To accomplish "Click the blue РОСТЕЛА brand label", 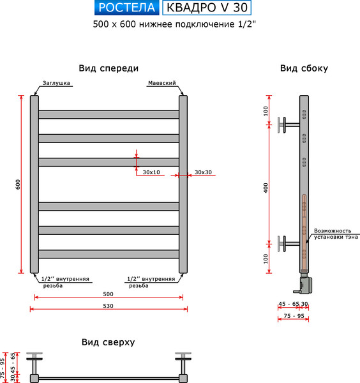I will pyautogui.click(x=127, y=8).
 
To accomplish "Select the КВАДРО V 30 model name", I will pyautogui.click(x=207, y=8).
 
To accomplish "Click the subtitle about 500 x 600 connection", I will pyautogui.click(x=178, y=24).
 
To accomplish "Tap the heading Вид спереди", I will pyautogui.click(x=109, y=68).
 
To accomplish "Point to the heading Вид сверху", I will pyautogui.click(x=108, y=342).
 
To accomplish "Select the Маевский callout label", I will pyautogui.click(x=161, y=84).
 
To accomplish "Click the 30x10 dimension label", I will pyautogui.click(x=152, y=172).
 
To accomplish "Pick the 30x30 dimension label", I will pyautogui.click(x=204, y=172).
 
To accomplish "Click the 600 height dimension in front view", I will pyautogui.click(x=19, y=184).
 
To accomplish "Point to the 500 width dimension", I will pyautogui.click(x=107, y=294).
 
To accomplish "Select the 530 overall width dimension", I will pyautogui.click(x=107, y=306).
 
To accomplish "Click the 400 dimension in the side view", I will pyautogui.click(x=266, y=186).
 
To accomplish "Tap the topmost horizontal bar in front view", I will pyautogui.click(x=109, y=114).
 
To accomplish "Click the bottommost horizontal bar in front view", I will pyautogui.click(x=109, y=254).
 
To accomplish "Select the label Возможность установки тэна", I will pyautogui.click(x=333, y=235).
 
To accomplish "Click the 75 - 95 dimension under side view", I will pyautogui.click(x=294, y=315).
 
